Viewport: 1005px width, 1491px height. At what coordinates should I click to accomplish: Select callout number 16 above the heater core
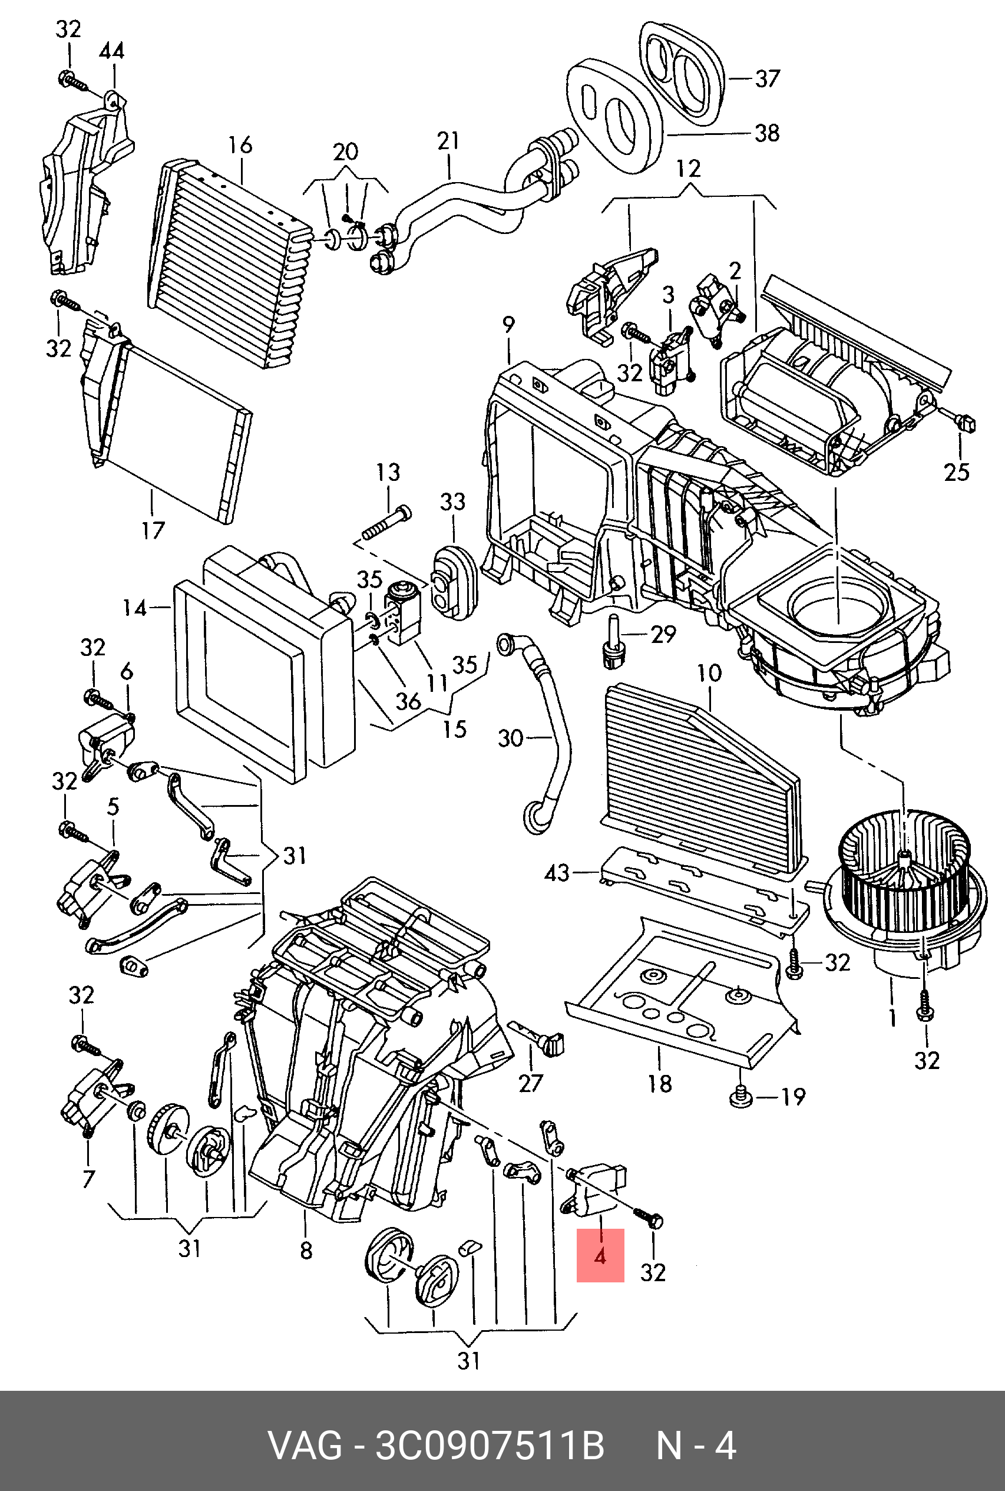coord(240,146)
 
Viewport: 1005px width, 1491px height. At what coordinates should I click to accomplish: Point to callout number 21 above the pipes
coord(448,141)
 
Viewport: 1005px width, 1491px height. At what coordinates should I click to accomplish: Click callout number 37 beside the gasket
coord(766,80)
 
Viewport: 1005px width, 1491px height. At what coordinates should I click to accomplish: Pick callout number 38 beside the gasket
coord(766,133)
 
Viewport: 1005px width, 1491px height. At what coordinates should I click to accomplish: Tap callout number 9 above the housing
coord(508,325)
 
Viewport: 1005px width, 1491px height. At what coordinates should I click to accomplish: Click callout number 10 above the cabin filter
coord(709,673)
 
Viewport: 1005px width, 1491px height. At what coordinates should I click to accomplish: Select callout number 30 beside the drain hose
coord(510,738)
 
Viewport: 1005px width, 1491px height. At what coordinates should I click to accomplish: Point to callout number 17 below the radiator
coord(153,530)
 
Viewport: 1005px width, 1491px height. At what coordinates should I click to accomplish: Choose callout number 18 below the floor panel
coord(660,1083)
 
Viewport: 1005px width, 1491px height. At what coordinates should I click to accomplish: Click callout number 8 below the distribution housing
coord(306,1249)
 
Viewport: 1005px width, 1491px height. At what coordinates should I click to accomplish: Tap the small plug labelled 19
coord(741,1097)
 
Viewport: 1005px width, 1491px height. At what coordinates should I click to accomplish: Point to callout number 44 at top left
coord(111,51)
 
